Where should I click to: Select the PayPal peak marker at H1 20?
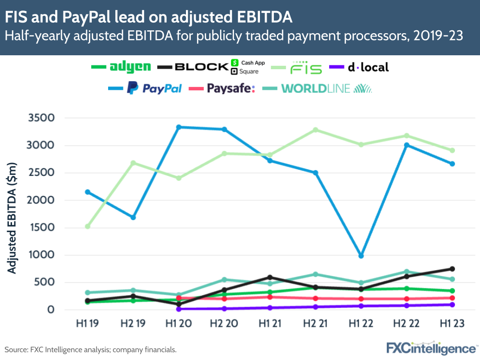coord(179,127)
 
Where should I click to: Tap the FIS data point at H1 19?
coord(87,226)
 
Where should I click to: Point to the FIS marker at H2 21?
coord(316,130)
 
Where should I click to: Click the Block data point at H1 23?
coord(452,269)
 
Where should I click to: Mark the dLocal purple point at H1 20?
coord(179,309)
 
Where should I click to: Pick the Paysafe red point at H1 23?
coord(452,298)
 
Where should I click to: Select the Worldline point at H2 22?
coord(406,272)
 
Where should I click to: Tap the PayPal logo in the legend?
coord(154,88)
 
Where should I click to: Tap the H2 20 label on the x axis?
coord(224,324)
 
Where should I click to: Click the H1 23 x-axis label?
coord(452,324)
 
